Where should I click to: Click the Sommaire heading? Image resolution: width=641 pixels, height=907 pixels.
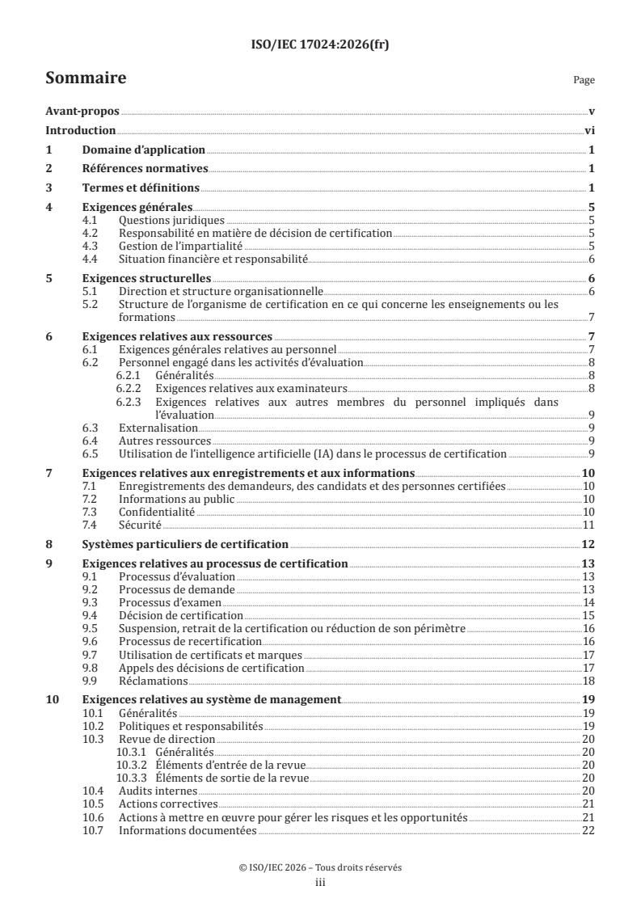point(85,78)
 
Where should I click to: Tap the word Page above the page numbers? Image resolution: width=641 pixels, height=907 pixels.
point(584,80)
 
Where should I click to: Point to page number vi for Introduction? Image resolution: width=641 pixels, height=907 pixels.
point(589,130)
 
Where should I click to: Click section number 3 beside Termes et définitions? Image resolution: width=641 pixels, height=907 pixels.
point(49,188)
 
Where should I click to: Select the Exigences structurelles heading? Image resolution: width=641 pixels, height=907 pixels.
point(142,278)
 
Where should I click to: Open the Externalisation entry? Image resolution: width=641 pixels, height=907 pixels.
point(158,427)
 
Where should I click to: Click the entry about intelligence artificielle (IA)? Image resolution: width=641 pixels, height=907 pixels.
point(312,453)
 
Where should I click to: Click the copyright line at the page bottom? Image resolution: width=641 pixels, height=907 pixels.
point(320,867)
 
